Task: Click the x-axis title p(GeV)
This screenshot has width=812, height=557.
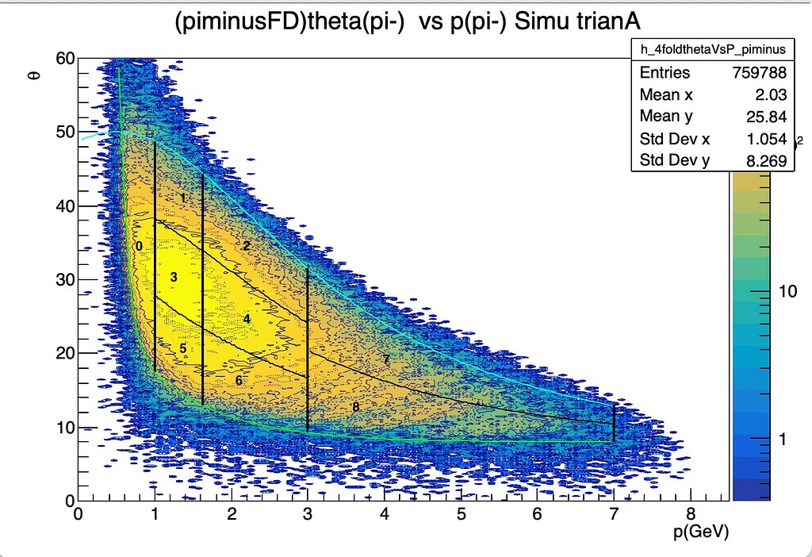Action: click(700, 531)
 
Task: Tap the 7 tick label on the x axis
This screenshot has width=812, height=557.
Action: click(614, 514)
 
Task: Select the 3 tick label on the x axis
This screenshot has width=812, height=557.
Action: click(307, 514)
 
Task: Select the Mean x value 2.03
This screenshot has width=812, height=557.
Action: click(768, 95)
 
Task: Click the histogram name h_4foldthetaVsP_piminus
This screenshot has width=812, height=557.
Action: click(713, 49)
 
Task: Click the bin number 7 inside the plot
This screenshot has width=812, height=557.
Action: click(386, 359)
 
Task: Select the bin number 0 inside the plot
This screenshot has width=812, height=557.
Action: click(139, 246)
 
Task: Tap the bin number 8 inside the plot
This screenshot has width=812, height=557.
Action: click(355, 407)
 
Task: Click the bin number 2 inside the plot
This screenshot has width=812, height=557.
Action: click(247, 246)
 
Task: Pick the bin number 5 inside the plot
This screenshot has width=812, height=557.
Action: click(183, 348)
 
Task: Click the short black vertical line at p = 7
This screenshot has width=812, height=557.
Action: click(614, 423)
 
